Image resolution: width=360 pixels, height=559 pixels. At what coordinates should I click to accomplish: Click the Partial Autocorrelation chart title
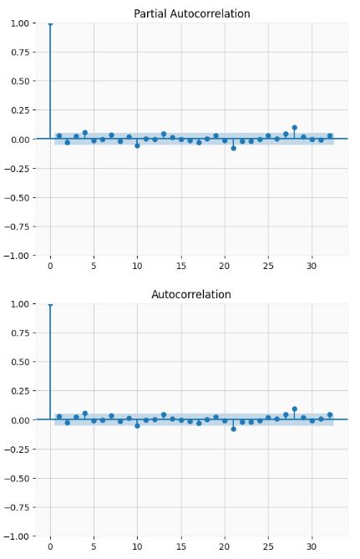pyautogui.click(x=191, y=14)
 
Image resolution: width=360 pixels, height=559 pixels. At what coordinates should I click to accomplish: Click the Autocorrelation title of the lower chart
pyautogui.click(x=191, y=295)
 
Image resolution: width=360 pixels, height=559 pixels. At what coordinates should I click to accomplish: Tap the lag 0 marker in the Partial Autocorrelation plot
pyautogui.click(x=50, y=23)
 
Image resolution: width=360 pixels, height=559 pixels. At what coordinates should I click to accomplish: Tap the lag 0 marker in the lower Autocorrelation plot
pyautogui.click(x=50, y=304)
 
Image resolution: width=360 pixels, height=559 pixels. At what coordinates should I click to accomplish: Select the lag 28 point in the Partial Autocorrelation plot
pyautogui.click(x=294, y=128)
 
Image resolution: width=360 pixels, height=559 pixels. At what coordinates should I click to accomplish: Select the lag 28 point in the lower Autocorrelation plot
pyautogui.click(x=294, y=409)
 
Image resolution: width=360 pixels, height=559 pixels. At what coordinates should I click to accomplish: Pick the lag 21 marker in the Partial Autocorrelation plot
pyautogui.click(x=233, y=148)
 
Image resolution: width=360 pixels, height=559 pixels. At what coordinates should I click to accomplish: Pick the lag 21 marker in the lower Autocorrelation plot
pyautogui.click(x=233, y=429)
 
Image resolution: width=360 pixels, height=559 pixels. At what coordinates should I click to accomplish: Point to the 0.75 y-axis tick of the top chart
pyautogui.click(x=20, y=52)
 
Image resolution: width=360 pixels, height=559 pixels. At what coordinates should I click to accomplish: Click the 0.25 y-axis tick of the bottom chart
pyautogui.click(x=20, y=391)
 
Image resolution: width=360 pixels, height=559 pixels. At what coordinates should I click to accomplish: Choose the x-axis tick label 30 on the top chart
pyautogui.click(x=312, y=267)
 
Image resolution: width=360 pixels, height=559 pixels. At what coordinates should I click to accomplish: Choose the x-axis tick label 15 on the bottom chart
pyautogui.click(x=180, y=547)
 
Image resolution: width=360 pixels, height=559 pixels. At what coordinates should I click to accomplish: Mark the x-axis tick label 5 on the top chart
pyautogui.click(x=94, y=267)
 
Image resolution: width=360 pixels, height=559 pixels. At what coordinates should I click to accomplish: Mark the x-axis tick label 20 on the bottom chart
pyautogui.click(x=224, y=547)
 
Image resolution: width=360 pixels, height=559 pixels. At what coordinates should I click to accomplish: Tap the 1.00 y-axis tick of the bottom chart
pyautogui.click(x=20, y=304)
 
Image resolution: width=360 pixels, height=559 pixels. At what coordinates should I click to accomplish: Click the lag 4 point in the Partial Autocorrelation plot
pyautogui.click(x=85, y=133)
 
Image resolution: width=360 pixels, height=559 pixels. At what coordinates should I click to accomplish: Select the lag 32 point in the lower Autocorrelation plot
pyautogui.click(x=329, y=414)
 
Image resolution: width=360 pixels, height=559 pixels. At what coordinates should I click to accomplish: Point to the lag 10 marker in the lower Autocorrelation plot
pyautogui.click(x=137, y=425)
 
